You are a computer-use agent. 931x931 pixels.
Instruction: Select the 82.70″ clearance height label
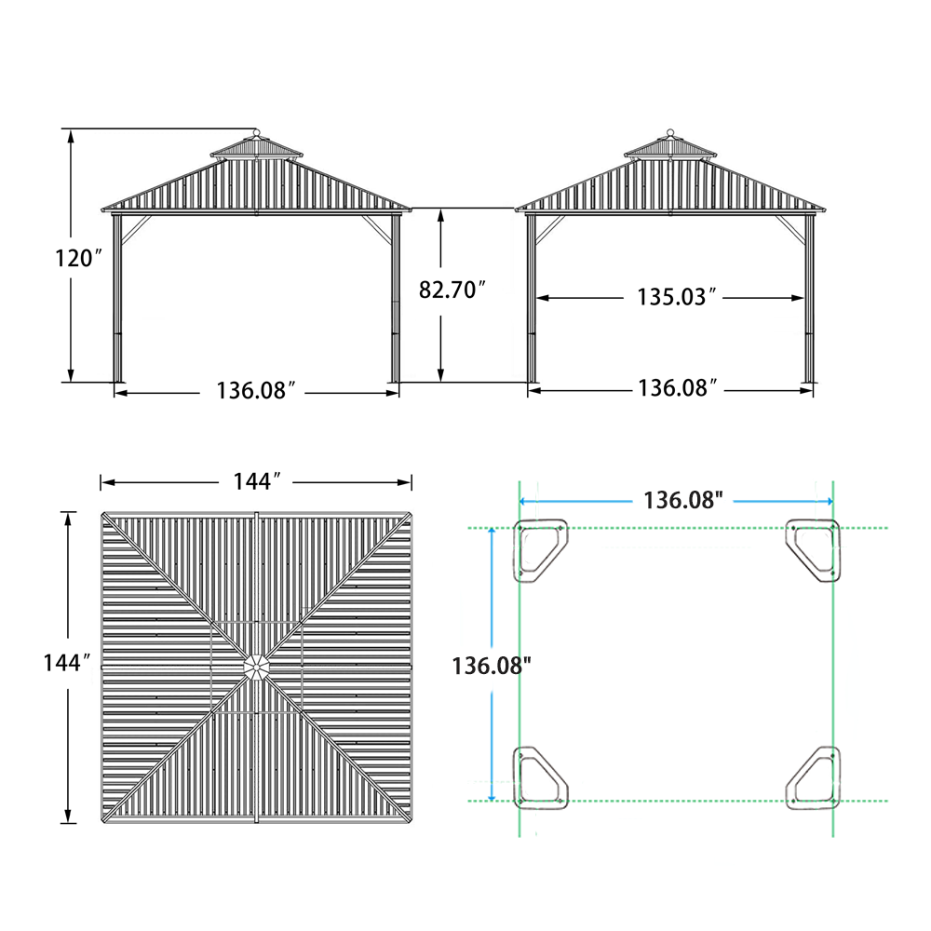[452, 290]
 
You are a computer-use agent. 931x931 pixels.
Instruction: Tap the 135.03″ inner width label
[676, 298]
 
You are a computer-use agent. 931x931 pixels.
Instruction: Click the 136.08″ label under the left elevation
[256, 390]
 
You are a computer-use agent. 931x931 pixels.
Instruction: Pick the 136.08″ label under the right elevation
[676, 388]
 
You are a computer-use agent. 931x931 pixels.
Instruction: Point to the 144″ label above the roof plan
[256, 481]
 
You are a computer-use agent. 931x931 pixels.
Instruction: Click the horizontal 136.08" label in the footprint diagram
[683, 500]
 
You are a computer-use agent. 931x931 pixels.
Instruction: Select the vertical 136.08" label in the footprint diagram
[492, 666]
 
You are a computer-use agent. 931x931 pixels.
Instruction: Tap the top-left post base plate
[540, 550]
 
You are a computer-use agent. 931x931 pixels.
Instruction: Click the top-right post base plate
[814, 550]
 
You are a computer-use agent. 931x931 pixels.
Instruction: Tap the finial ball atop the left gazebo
[256, 132]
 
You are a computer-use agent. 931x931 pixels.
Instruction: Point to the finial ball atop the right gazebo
[669, 132]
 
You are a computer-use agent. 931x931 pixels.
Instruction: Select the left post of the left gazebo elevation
[117, 298]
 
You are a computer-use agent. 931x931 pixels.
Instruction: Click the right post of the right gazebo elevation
[808, 298]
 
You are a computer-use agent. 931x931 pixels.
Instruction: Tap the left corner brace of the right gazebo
[548, 228]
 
